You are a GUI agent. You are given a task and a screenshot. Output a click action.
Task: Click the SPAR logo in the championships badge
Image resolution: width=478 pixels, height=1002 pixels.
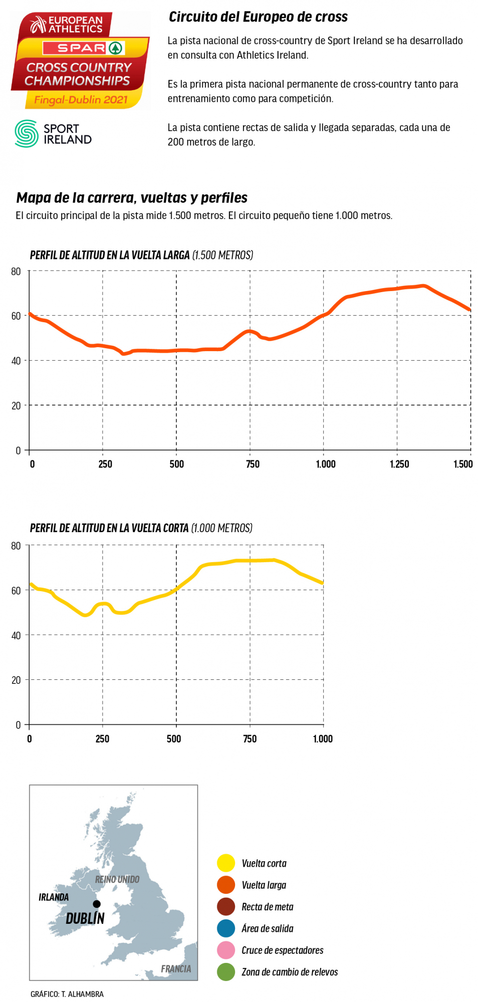pyautogui.click(x=83, y=48)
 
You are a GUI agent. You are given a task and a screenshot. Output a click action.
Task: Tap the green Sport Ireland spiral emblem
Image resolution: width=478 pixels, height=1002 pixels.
pyautogui.click(x=27, y=133)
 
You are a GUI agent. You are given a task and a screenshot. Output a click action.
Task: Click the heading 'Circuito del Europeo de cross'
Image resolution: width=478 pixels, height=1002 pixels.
pyautogui.click(x=258, y=17)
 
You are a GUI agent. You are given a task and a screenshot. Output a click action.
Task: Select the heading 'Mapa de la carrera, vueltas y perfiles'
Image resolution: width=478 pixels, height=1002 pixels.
pyautogui.click(x=132, y=198)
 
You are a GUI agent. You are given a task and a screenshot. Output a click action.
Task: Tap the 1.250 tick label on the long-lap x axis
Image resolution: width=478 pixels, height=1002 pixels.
pyautogui.click(x=399, y=464)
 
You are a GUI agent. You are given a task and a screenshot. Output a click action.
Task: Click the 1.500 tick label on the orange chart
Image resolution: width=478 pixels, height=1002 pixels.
pyautogui.click(x=463, y=464)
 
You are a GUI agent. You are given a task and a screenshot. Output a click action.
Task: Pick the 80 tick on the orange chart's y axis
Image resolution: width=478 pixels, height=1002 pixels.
pyautogui.click(x=16, y=272)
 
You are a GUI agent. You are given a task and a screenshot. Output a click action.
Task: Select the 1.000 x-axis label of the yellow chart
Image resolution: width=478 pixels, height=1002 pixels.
pyautogui.click(x=323, y=738)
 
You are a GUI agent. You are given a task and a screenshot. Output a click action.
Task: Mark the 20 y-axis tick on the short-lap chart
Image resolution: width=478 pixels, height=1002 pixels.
pyautogui.click(x=16, y=680)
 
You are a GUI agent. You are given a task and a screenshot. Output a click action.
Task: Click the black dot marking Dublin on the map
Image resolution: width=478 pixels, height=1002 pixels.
pyautogui.click(x=97, y=904)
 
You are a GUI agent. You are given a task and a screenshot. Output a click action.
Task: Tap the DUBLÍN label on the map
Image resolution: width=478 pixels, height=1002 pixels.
pyautogui.click(x=85, y=918)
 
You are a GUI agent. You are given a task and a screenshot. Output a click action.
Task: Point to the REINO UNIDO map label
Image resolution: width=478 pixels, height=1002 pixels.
pyautogui.click(x=117, y=879)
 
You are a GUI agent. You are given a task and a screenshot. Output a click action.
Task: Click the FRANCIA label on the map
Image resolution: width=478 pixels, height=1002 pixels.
pyautogui.click(x=176, y=968)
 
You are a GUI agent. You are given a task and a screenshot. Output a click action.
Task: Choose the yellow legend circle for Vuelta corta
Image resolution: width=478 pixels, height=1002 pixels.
pyautogui.click(x=226, y=863)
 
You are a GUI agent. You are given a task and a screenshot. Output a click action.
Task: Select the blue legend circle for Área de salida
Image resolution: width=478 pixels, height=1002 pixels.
pyautogui.click(x=226, y=928)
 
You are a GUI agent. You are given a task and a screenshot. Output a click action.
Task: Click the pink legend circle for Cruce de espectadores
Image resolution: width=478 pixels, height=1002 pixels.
pyautogui.click(x=226, y=950)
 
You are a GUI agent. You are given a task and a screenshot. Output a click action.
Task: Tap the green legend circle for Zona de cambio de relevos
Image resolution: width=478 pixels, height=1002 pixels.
pyautogui.click(x=226, y=972)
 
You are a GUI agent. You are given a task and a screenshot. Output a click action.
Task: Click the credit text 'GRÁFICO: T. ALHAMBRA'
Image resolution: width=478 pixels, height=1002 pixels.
pyautogui.click(x=67, y=994)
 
